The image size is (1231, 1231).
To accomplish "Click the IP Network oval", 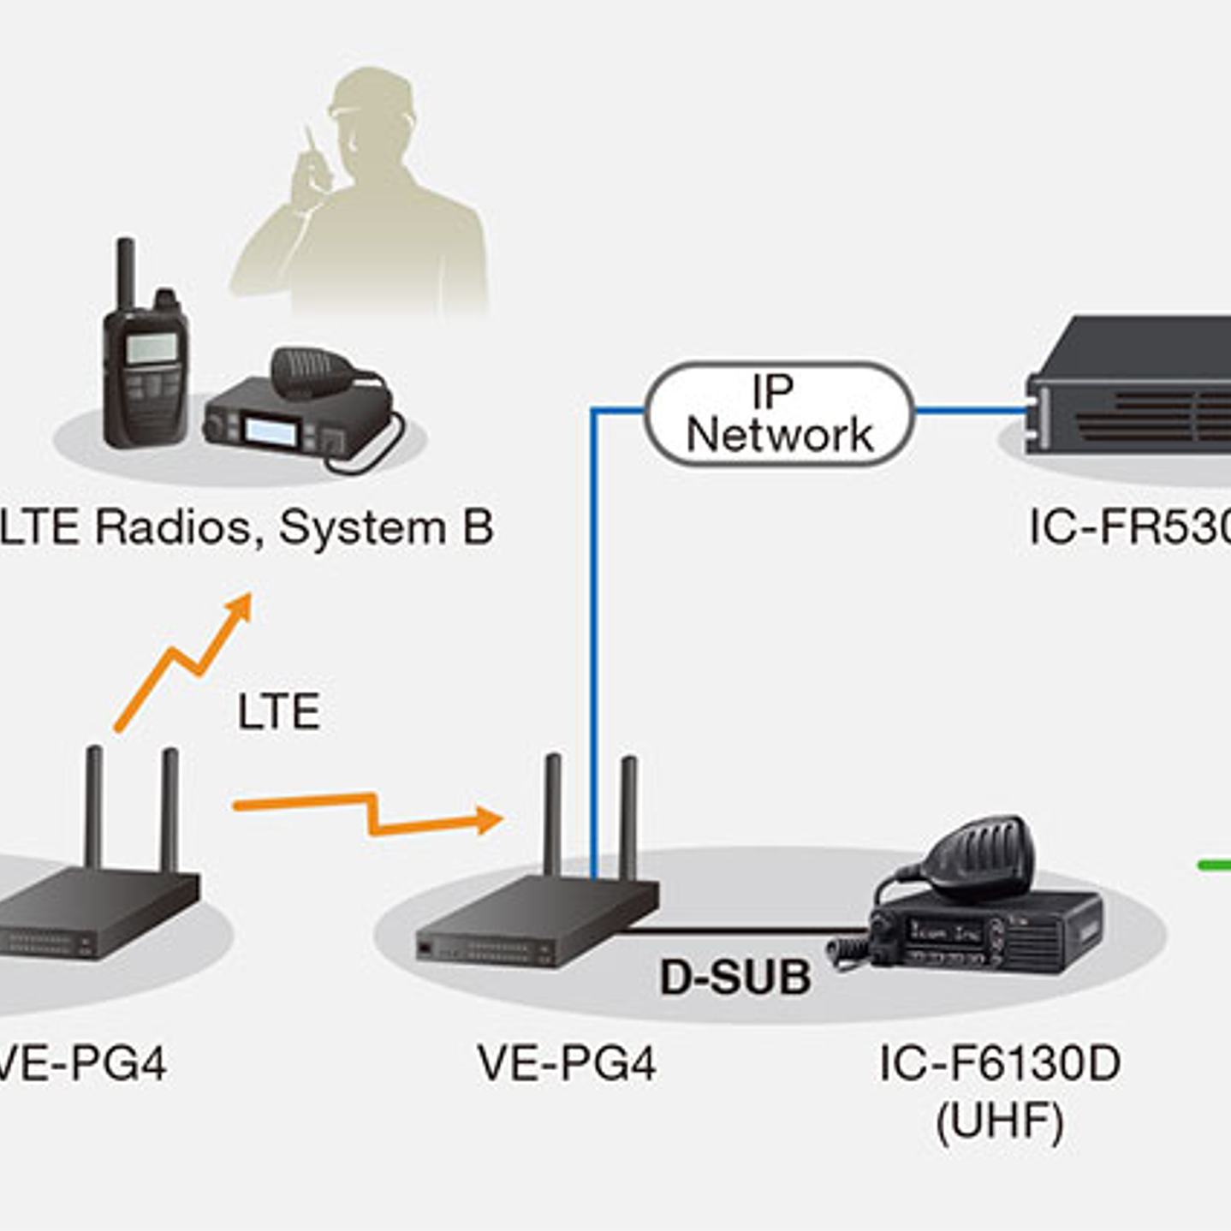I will point(778,413).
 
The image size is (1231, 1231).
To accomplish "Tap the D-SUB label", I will point(734,977).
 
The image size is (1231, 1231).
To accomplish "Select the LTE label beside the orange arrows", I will point(278,711).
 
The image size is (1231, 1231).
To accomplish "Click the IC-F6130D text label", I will point(999,1064).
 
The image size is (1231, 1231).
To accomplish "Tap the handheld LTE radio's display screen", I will point(152,347).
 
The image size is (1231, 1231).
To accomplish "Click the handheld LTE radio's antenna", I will point(127,272).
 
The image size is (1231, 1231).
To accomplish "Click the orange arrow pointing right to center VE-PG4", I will point(368,813).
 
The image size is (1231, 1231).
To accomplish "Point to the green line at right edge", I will point(1213,865).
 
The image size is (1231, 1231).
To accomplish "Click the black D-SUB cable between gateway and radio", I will point(745,931).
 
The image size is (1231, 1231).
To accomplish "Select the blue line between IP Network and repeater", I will point(970,411).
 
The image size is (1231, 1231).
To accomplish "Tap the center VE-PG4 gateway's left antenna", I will point(553,813).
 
